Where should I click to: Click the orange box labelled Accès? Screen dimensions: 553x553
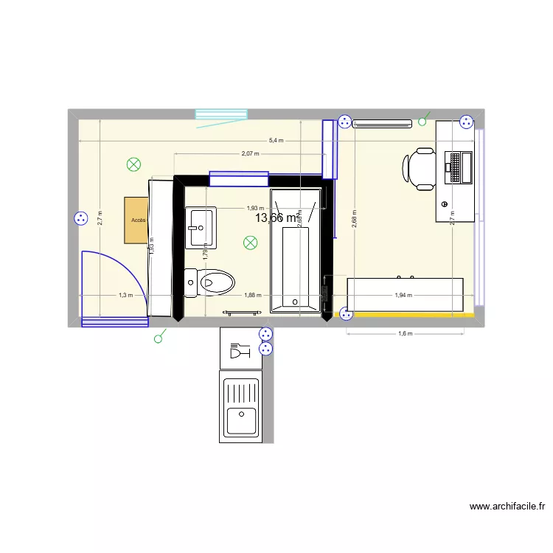coord(137,220)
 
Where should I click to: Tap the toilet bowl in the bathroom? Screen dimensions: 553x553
coord(215,282)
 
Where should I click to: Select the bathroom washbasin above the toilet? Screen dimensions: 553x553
coord(201,227)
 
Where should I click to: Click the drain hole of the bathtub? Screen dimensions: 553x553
coord(296,301)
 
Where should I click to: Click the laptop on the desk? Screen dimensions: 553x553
coord(459,167)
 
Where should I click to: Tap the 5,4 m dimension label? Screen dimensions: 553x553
coord(275,140)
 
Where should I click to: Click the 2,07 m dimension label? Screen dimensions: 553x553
coord(250,154)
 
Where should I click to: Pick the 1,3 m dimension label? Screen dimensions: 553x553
coord(125,296)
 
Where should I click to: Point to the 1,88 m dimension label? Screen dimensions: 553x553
coord(252,296)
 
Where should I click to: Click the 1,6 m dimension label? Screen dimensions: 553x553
coord(405,333)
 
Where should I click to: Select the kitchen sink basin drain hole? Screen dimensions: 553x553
coord(240,413)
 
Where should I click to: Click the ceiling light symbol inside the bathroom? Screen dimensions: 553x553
coord(251,242)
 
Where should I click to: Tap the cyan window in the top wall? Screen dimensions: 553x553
coord(220,114)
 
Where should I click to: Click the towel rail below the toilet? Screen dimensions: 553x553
coord(243,313)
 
